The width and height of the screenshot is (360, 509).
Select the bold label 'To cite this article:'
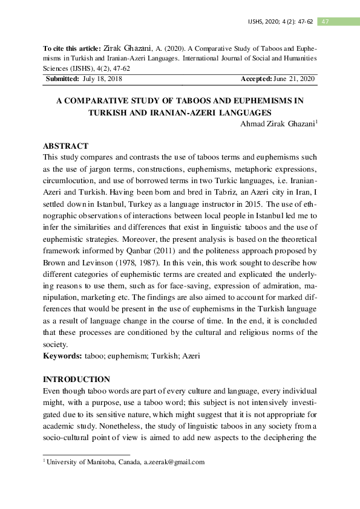coord(73,47)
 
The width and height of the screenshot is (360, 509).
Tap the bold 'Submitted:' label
coord(63,79)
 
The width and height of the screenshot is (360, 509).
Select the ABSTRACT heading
coord(66,146)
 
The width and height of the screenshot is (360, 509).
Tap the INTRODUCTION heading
coord(76,380)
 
